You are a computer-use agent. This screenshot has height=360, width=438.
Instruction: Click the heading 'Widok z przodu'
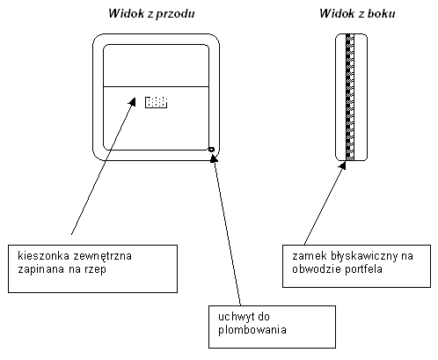[x=151, y=14]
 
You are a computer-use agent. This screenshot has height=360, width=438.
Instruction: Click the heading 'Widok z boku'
[x=357, y=13]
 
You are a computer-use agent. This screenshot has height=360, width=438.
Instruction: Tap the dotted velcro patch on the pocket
[x=157, y=102]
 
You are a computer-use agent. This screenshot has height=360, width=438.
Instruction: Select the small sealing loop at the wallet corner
[x=211, y=150]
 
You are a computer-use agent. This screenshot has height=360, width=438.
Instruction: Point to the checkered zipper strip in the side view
[x=350, y=98]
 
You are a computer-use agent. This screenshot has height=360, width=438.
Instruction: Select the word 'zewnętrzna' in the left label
[x=102, y=256]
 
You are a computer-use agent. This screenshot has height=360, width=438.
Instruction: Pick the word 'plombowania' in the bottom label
[x=252, y=330]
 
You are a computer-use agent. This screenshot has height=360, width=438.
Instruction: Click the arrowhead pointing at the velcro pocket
[x=132, y=101]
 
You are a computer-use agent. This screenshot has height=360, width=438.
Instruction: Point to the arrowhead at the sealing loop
[x=214, y=158]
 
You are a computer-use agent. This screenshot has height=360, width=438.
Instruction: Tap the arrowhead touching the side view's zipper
[x=343, y=165]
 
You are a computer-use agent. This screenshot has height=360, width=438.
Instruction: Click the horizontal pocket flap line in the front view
[x=156, y=86]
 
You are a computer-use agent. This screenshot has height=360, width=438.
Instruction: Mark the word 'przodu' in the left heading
[x=175, y=14]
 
